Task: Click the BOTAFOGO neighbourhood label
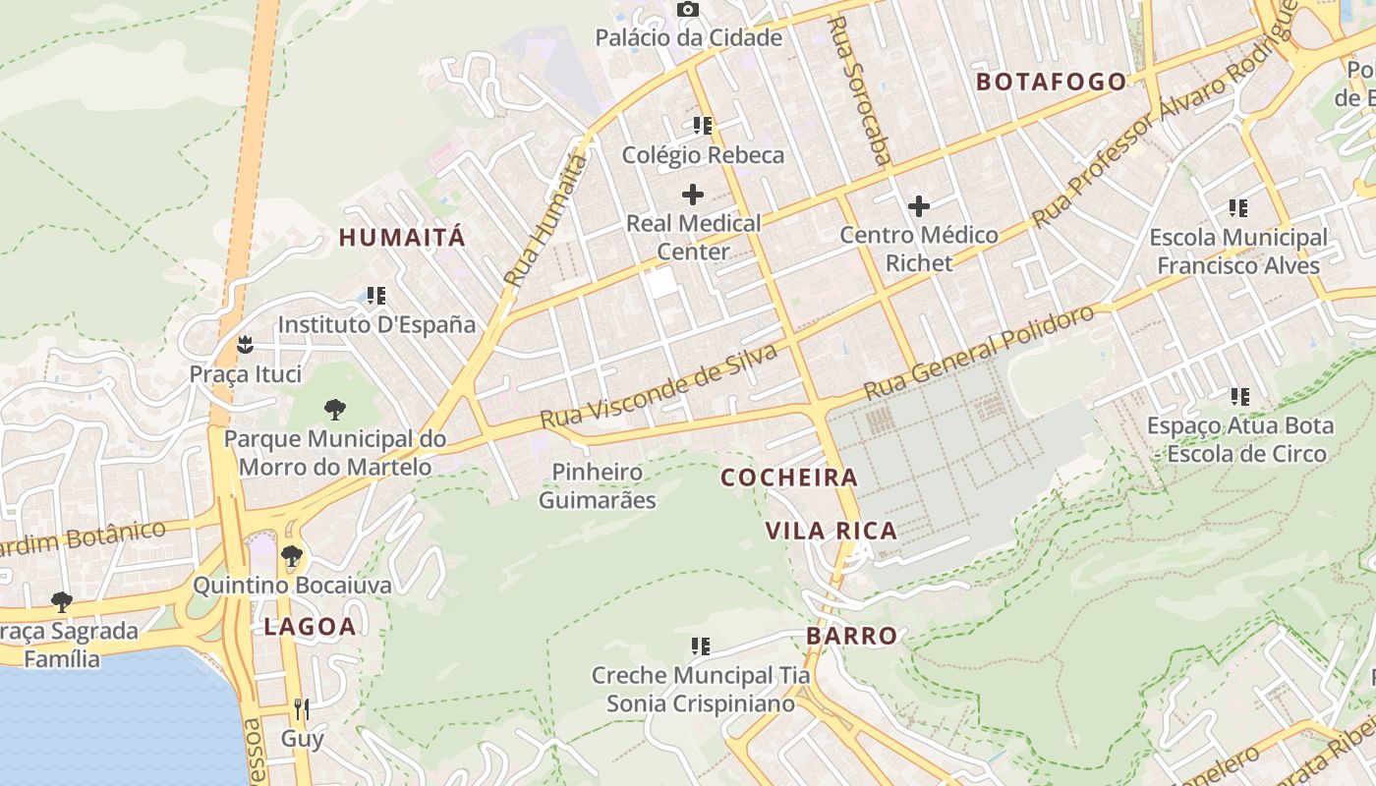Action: pos(1051,82)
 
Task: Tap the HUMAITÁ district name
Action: pos(402,237)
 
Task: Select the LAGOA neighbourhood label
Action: pos(310,627)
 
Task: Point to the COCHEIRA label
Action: pos(789,478)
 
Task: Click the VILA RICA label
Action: pos(831,532)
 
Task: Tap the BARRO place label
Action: pos(852,636)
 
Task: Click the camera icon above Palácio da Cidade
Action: pos(688,10)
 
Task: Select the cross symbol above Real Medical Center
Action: pos(693,194)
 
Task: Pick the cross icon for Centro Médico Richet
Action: pos(919,206)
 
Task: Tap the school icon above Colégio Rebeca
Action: pos(702,126)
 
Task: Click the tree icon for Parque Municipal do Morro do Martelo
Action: pos(335,409)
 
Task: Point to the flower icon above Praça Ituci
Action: pos(245,344)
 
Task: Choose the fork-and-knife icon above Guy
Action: pos(302,708)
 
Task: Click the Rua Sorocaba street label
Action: pos(860,90)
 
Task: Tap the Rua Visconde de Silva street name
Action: pos(659,386)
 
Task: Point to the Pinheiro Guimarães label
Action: pos(598,485)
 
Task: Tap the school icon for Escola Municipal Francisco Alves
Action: pos(1238,208)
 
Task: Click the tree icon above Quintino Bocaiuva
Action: pos(292,556)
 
